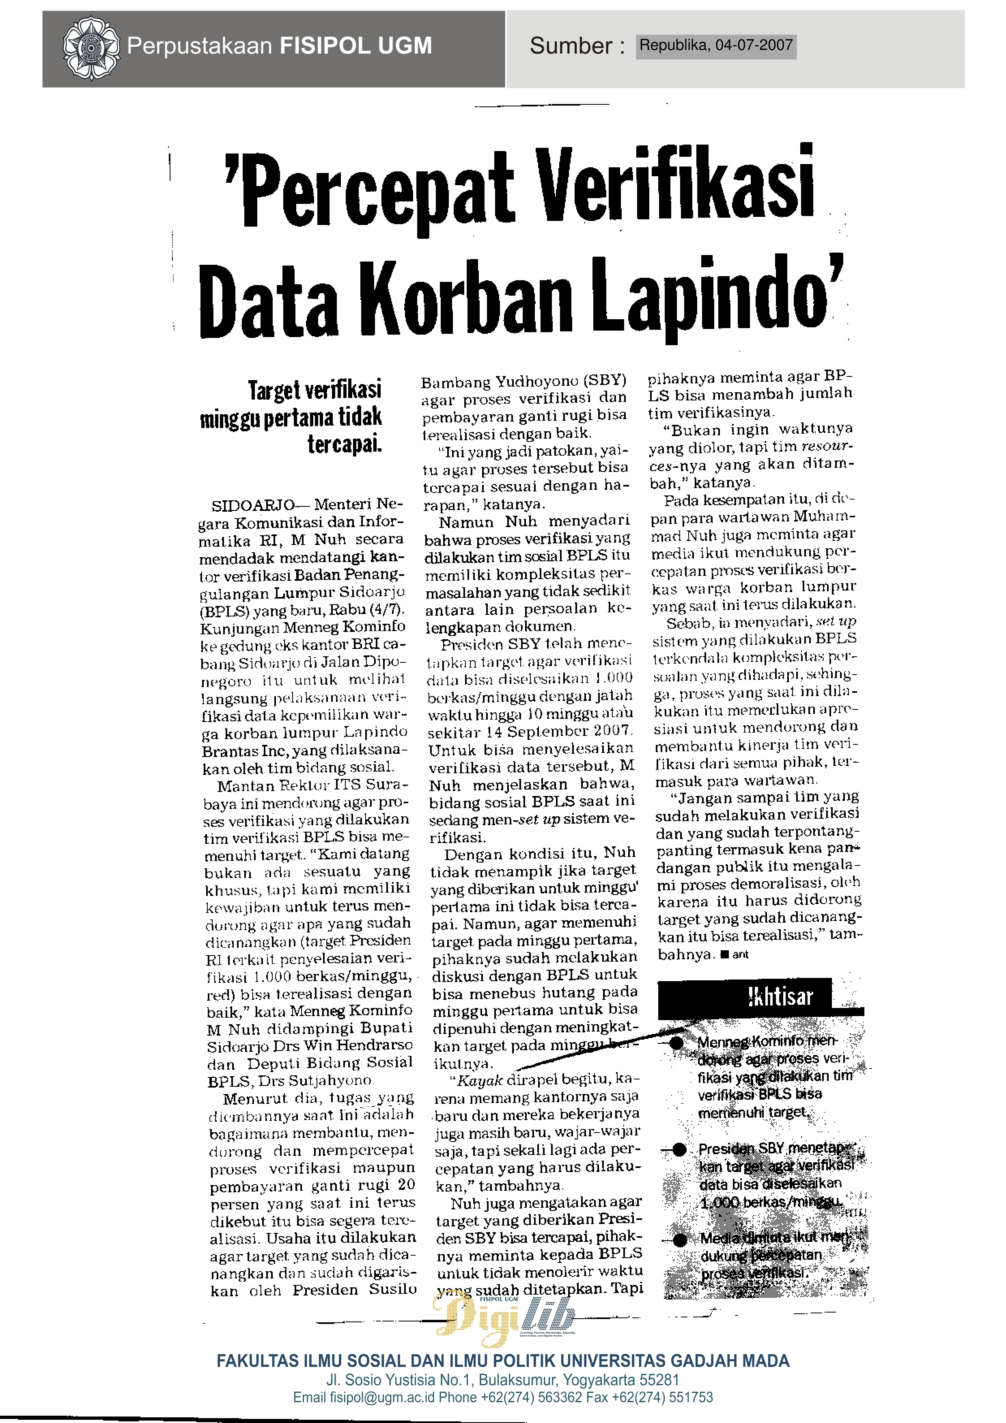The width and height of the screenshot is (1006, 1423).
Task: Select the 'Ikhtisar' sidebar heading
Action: [x=779, y=997]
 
